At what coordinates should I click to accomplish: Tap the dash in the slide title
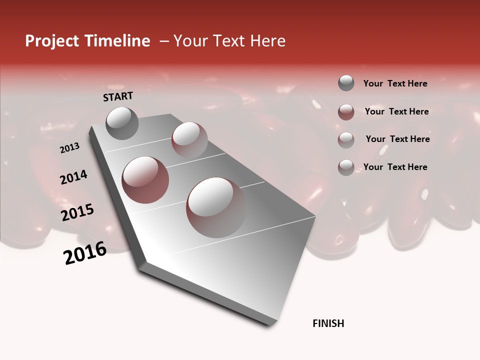[163, 41]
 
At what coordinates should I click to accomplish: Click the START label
[118, 96]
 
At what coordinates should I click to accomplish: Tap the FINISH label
[328, 323]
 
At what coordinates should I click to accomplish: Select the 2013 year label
[69, 148]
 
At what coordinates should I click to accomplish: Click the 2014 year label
[73, 177]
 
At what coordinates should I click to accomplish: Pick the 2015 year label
[77, 212]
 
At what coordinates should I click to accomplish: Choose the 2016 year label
[85, 253]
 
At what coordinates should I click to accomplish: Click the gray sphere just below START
[122, 123]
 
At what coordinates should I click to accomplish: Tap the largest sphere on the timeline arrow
[216, 207]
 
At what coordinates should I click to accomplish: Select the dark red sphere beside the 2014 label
[145, 179]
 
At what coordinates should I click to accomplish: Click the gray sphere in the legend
[346, 83]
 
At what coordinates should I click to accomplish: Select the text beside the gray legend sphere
[395, 83]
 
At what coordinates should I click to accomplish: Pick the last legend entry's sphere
[346, 167]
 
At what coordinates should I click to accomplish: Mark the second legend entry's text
[396, 111]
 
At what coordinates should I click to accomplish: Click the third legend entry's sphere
[346, 139]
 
